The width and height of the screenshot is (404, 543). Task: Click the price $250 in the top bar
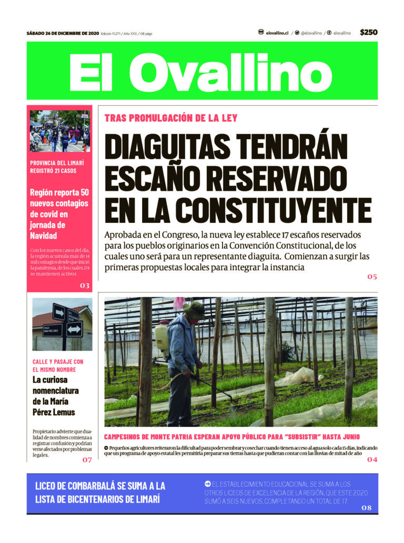368,33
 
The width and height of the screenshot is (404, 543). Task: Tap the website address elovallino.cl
277,33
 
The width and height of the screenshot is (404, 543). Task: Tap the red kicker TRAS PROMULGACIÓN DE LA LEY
171,118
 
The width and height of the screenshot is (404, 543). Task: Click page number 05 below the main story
372,276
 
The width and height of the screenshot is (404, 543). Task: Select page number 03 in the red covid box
85,285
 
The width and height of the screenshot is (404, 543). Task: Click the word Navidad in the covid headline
43,235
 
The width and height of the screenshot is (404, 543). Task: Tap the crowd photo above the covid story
59,131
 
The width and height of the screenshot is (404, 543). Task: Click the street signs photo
62,324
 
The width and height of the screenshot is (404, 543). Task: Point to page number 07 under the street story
87,460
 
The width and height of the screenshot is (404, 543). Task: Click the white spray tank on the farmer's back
161,335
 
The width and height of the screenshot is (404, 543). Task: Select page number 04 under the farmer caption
372,459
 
